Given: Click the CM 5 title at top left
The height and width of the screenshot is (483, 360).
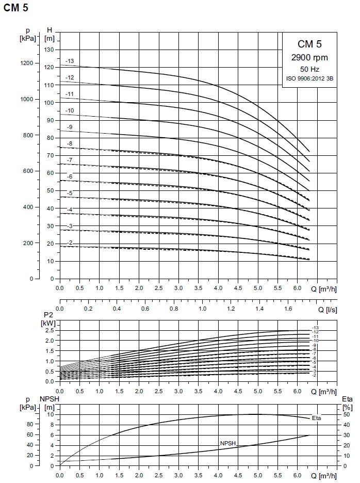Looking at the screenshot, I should [15, 7].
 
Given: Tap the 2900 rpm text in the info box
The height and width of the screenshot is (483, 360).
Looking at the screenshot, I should [309, 57].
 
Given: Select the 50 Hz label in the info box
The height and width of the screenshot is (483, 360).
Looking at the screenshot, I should [309, 69].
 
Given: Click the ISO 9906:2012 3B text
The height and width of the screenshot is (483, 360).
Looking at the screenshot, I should [309, 78].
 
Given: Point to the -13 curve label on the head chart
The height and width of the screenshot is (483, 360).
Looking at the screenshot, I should [70, 61].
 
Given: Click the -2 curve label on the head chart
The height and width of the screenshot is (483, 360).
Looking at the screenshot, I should [70, 243].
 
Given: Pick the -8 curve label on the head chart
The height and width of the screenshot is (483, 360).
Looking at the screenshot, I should [70, 143].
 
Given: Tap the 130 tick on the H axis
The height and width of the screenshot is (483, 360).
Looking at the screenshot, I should [50, 50].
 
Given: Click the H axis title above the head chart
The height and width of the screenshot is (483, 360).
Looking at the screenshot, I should [50, 29].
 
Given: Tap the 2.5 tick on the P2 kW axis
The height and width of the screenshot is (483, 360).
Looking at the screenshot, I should [50, 331].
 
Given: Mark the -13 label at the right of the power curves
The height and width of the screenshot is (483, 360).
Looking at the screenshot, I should [315, 329].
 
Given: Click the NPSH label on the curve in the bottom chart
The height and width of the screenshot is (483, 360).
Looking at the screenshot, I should [227, 443].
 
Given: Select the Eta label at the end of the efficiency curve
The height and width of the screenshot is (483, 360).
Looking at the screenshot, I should [316, 418].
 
